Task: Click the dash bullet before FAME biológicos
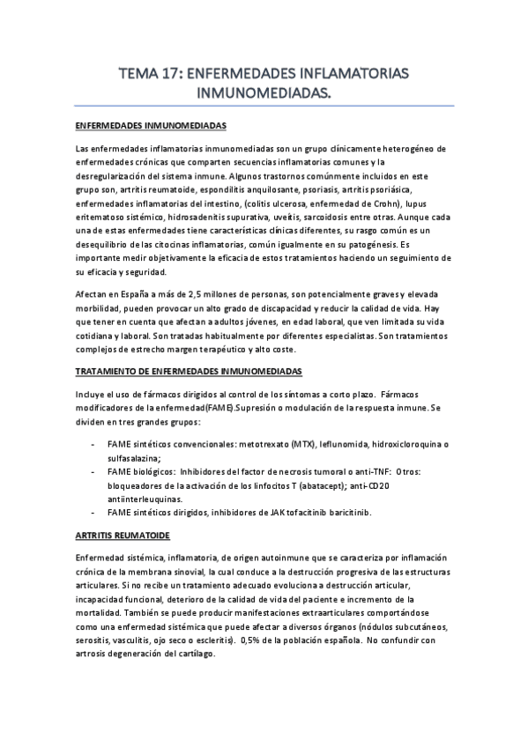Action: (x=93, y=471)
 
